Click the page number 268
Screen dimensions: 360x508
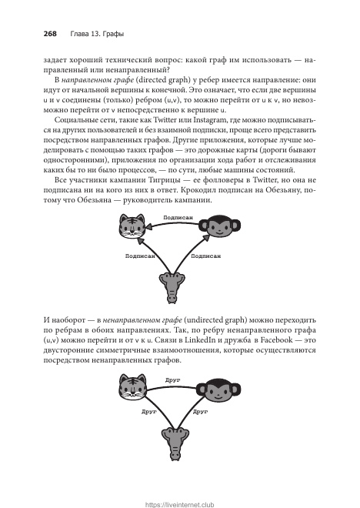tap(50, 34)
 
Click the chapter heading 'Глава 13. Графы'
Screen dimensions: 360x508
tap(97, 34)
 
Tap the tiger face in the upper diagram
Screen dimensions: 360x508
tap(132, 226)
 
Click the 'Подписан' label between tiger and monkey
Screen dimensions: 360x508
tap(178, 217)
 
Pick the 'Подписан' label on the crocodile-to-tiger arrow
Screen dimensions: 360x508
tap(140, 256)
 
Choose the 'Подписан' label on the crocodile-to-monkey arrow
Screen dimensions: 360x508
tap(206, 256)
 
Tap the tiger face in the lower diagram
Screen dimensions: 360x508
tap(132, 386)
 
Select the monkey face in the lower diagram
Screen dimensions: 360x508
tap(218, 390)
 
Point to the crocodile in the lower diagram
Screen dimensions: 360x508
tap(175, 443)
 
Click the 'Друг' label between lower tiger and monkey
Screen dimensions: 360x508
tap(172, 380)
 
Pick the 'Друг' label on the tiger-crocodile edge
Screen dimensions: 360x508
tap(149, 412)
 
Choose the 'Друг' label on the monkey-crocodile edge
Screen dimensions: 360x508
tap(201, 412)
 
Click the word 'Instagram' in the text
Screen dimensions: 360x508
tap(210, 120)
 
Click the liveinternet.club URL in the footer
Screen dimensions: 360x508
tap(180, 504)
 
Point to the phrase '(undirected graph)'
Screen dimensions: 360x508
tap(215, 320)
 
